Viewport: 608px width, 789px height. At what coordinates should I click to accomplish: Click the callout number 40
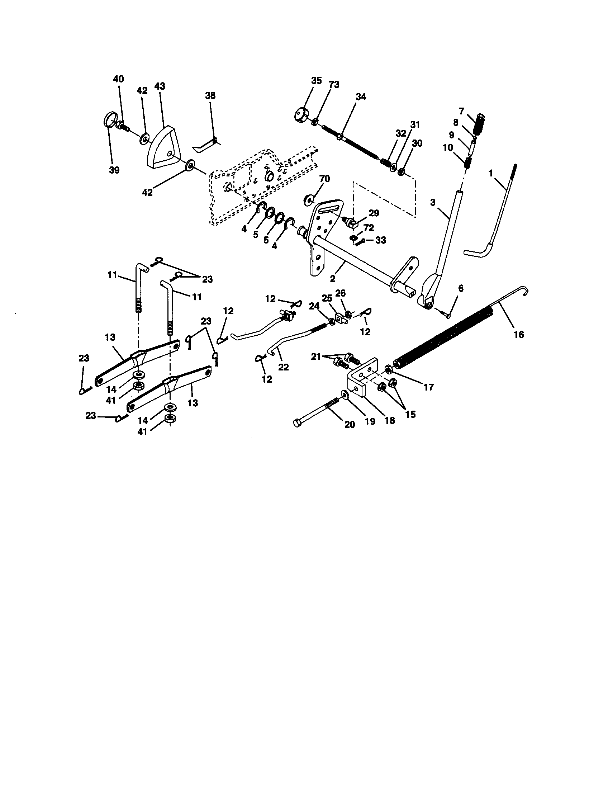tap(118, 79)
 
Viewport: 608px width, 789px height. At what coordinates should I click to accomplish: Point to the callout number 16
tap(518, 335)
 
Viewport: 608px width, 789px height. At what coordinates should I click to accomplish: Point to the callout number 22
tap(284, 367)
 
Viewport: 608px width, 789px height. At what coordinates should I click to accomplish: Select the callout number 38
tap(210, 95)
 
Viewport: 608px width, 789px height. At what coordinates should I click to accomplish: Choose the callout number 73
tap(334, 85)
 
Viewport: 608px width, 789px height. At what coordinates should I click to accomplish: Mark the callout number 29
tap(374, 213)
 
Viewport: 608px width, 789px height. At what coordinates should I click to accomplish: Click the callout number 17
tap(428, 387)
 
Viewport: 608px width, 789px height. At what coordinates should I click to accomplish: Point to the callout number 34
tap(360, 96)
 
